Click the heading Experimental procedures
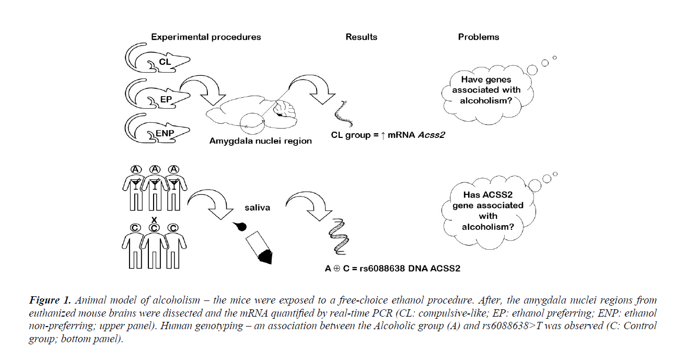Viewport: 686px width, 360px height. point(206,37)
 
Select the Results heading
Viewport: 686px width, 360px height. point(361,37)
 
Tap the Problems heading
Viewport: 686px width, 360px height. point(479,37)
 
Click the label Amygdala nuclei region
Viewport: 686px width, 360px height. point(260,141)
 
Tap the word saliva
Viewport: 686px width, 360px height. point(258,207)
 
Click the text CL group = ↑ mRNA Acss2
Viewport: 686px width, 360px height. point(388,135)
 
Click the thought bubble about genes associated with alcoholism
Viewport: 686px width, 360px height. point(485,90)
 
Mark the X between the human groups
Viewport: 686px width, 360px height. point(154,219)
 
